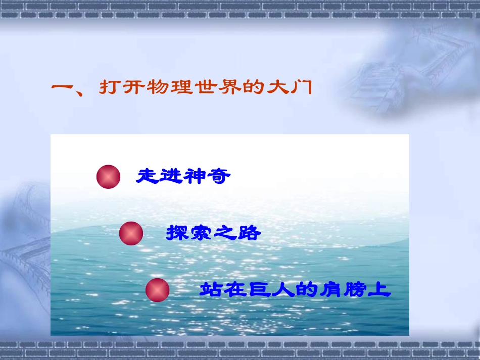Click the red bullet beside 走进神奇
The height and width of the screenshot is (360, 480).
tap(108, 177)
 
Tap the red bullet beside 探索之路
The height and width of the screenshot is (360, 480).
tap(131, 234)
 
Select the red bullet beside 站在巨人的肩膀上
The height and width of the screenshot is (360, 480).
tap(157, 290)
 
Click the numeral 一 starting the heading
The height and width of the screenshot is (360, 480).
tap(63, 88)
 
